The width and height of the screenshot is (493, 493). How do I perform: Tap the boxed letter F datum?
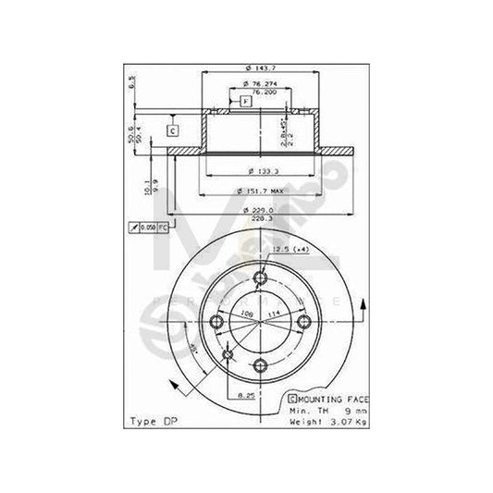coord(245,101)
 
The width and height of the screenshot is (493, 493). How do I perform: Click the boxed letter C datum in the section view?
coord(172,129)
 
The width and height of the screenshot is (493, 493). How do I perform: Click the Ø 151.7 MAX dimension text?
coord(261,191)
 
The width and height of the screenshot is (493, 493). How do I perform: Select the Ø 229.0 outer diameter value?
coord(261,211)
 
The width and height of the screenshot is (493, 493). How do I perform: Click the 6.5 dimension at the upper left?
coord(132,81)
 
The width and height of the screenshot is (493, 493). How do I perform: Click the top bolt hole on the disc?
coord(261,279)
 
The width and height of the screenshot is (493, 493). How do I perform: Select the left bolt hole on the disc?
coord(218,322)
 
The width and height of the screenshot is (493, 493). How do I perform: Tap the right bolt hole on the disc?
coord(304,322)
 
